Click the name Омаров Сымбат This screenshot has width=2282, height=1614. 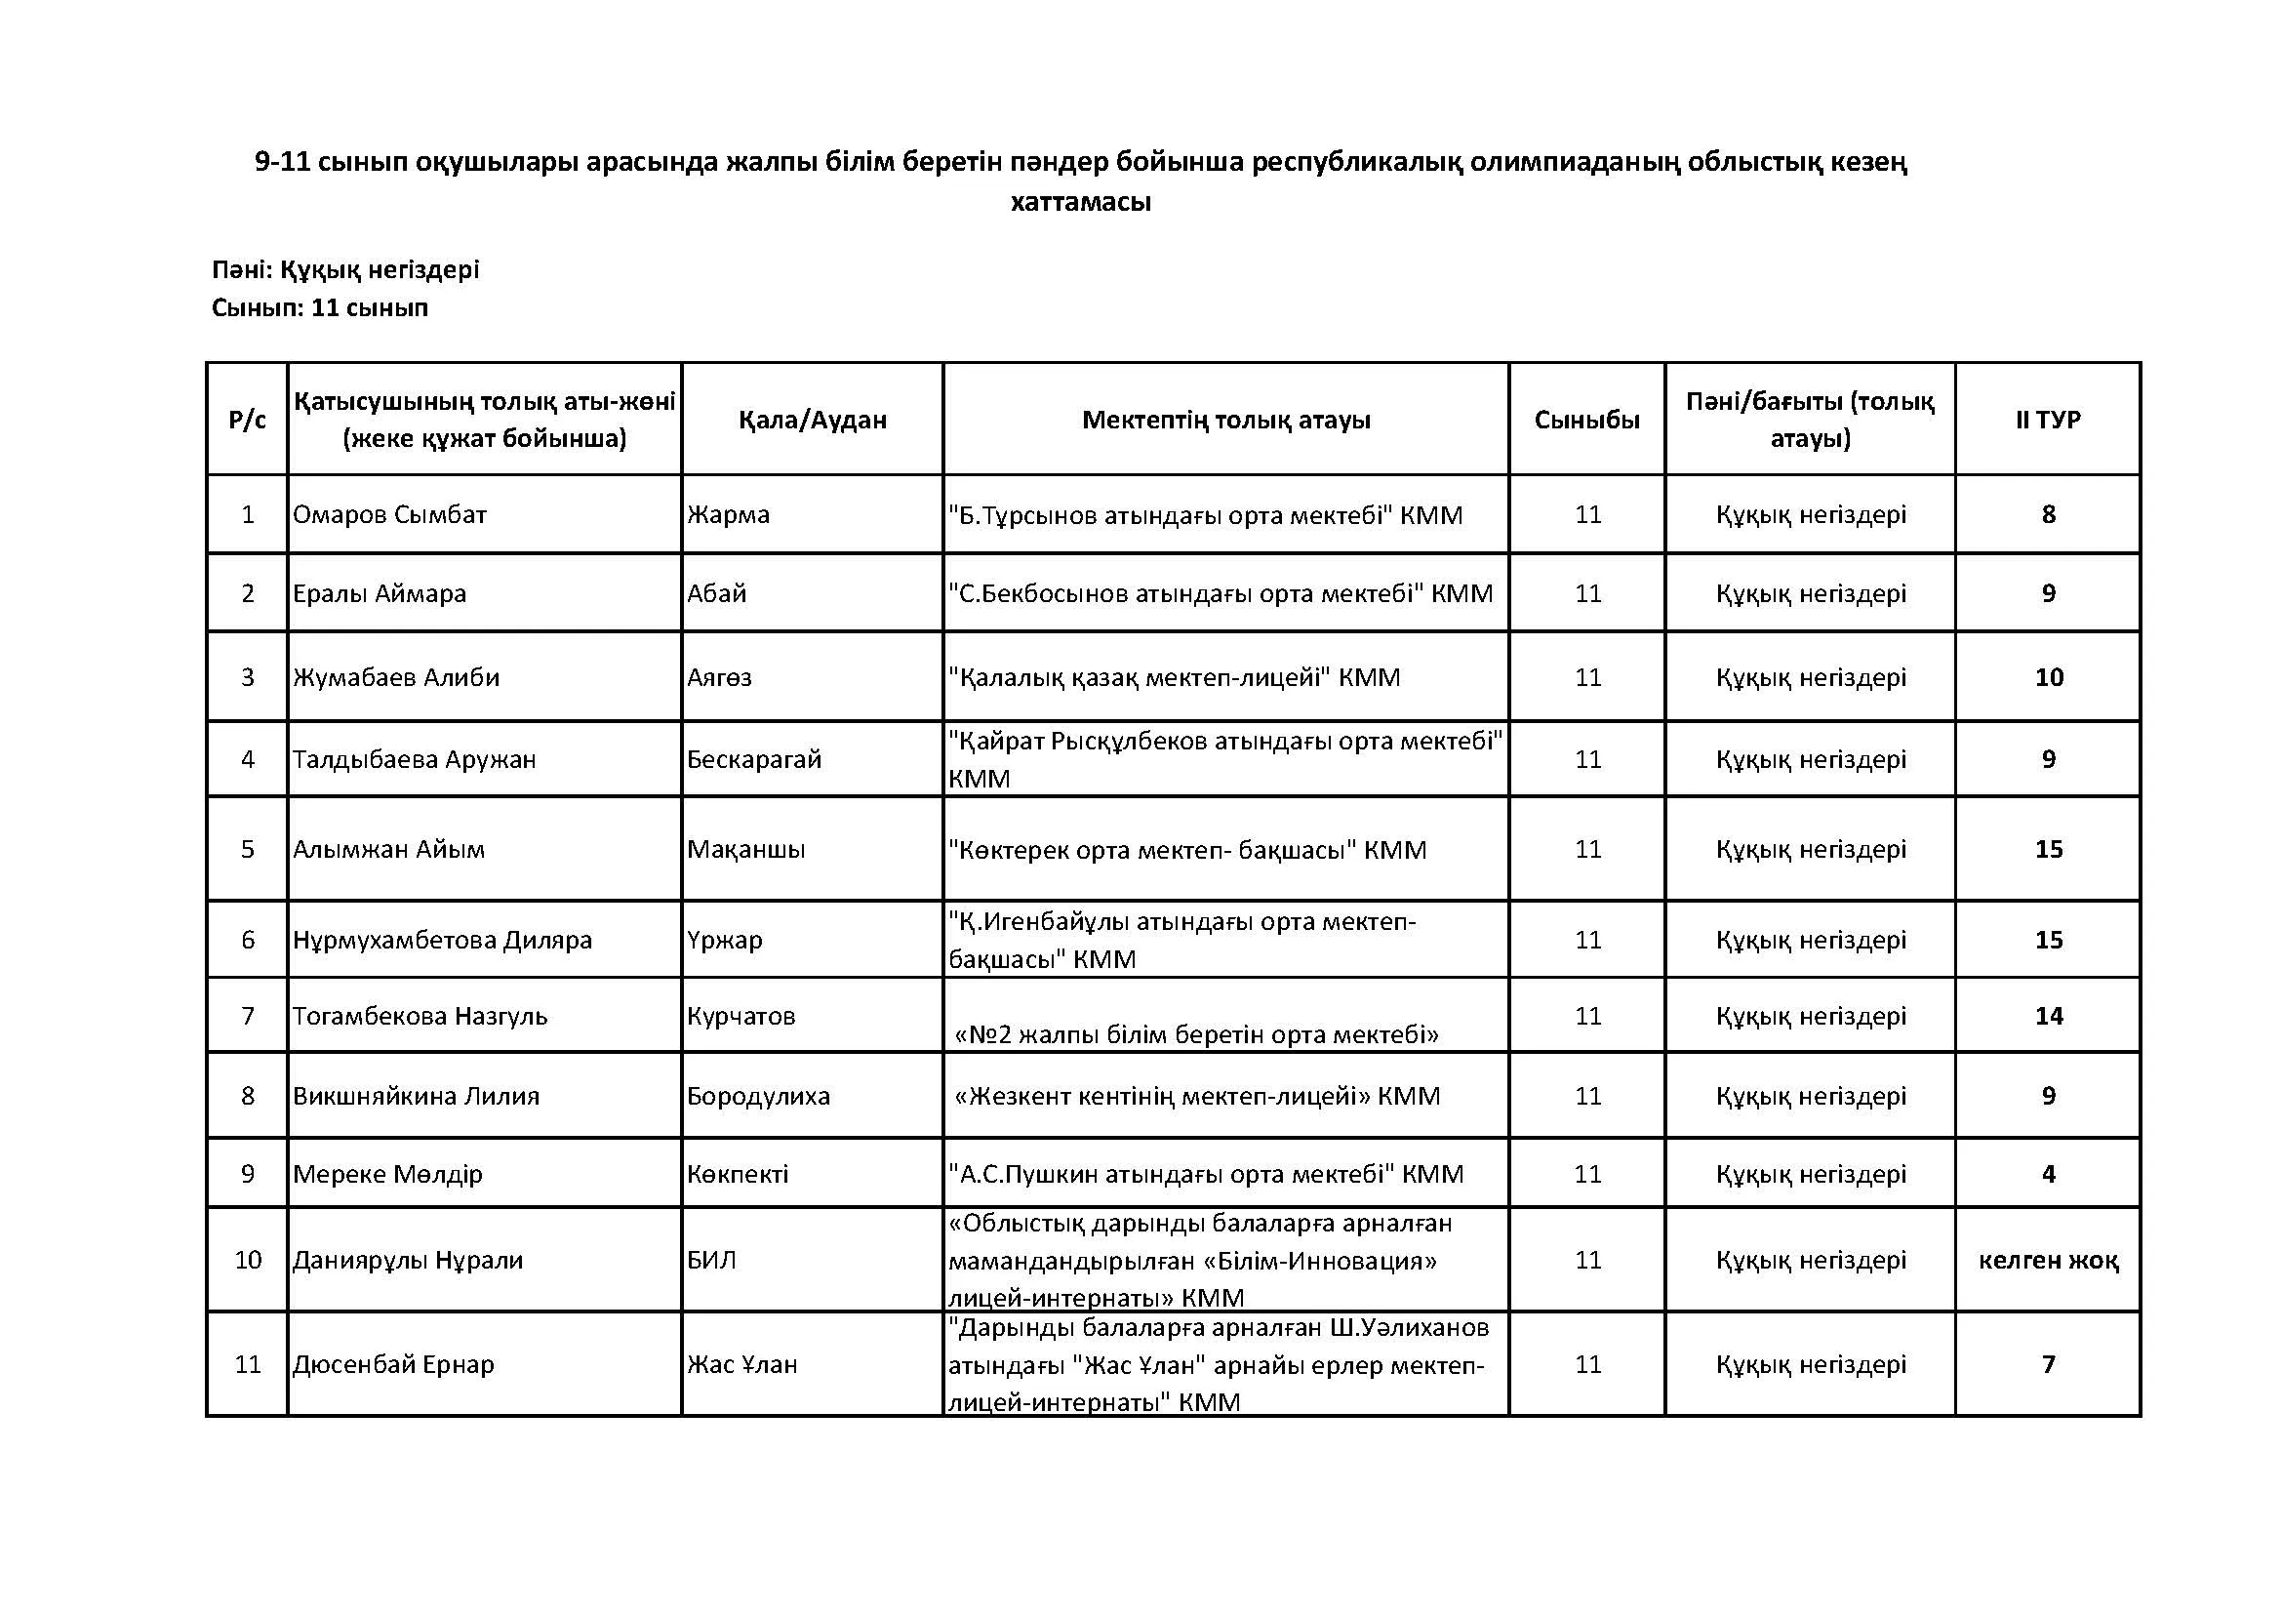tap(389, 515)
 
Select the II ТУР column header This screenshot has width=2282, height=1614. tap(2048, 420)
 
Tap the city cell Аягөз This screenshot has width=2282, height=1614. tap(720, 678)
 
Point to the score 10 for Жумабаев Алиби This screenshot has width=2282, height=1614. tap(2049, 678)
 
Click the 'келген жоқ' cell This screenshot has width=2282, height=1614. tap(2048, 1260)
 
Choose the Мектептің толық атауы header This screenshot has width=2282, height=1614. tap(1225, 420)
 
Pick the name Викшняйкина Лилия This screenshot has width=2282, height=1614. tap(416, 1096)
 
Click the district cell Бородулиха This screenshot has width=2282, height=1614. tap(758, 1096)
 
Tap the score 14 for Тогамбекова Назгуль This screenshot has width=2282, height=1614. tap(2049, 1016)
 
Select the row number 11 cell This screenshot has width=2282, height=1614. tap(248, 1364)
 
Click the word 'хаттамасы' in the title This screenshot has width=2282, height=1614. tap(1080, 202)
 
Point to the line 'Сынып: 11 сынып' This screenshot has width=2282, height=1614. tap(320, 308)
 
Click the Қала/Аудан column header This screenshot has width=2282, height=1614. tap(812, 420)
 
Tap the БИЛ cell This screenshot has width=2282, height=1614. tap(711, 1260)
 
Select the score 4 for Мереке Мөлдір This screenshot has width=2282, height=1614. tap(2049, 1174)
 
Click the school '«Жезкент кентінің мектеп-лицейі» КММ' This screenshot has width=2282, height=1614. tap(1197, 1096)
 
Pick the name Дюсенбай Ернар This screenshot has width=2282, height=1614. tap(393, 1364)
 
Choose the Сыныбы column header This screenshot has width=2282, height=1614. tap(1586, 420)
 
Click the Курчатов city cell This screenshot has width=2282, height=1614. tap(741, 1016)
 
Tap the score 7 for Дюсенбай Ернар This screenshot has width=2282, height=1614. tap(2049, 1364)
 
